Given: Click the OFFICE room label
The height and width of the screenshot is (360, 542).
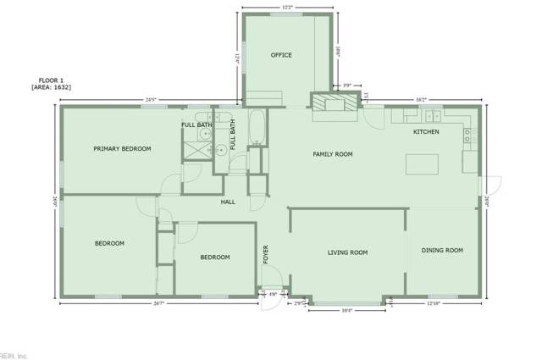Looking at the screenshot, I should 281,55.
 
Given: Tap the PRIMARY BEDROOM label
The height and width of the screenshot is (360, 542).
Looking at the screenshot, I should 122,148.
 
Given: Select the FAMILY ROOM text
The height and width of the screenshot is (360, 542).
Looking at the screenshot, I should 332,154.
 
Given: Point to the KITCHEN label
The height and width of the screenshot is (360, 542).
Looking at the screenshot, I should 426,132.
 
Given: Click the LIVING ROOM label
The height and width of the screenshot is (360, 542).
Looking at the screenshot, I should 347,252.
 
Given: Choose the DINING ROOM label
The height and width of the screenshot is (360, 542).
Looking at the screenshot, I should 444,250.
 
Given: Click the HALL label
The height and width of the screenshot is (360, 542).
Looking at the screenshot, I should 228,202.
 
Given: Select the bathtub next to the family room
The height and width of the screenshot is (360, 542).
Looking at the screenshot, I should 257,127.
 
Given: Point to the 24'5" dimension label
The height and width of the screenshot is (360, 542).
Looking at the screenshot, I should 152,101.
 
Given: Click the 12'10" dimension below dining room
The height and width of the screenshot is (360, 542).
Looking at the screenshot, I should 434,303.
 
